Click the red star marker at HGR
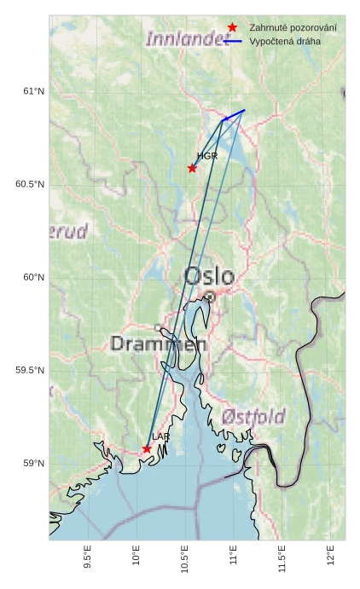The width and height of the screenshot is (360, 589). pos(192,168)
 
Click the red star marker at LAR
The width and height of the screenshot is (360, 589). pos(147,448)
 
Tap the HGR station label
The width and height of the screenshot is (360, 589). pos(207,157)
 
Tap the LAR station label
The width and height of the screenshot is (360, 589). pos(161,436)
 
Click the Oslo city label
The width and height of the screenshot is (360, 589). pos(209,276)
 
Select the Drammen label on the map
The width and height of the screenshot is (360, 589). pos(159,344)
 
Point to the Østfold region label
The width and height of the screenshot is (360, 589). pos(253,417)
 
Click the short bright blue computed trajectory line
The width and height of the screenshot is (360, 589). pos(233,115)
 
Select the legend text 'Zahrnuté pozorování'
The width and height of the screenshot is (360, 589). pos(293,28)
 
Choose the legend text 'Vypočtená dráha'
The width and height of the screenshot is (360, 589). pos(285,41)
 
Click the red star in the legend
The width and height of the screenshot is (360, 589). pos(232,28)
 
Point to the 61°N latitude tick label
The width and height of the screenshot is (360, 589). pos(32,92)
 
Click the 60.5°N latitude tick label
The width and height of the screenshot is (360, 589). pos(29,185)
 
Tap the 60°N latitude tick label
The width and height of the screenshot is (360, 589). pos(32,278)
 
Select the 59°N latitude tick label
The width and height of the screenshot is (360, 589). pos(32,464)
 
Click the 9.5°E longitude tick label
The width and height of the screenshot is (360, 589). pos(88,557)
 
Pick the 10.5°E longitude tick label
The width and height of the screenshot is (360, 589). pos(185,558)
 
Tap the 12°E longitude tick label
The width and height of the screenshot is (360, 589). pos(331,555)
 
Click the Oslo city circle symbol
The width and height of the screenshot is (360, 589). pos(209,297)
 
